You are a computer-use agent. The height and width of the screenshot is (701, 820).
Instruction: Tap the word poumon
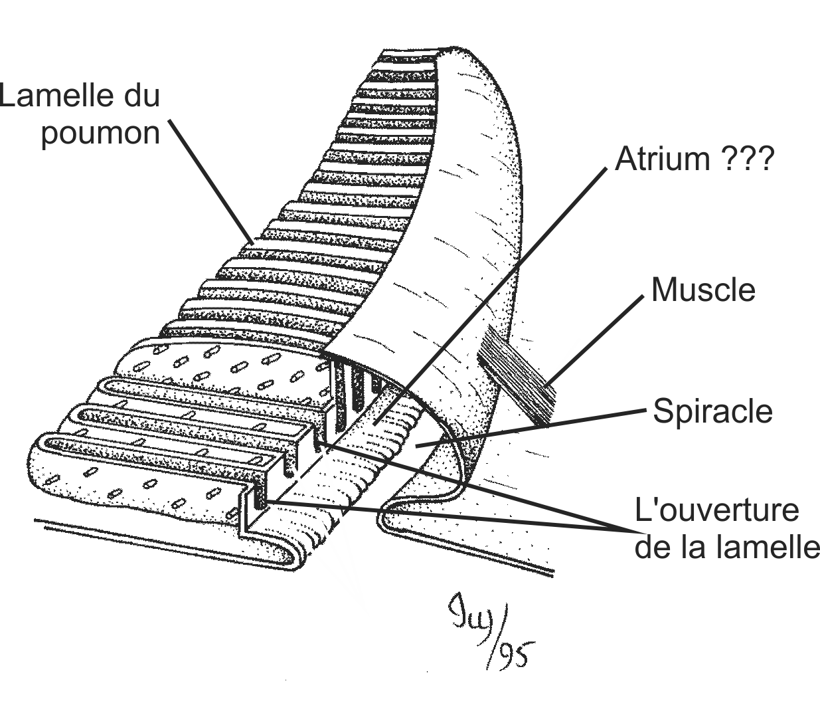[x=101, y=133]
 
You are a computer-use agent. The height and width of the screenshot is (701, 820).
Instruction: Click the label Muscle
[x=703, y=290]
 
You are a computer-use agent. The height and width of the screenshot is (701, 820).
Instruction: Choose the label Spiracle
[x=712, y=411]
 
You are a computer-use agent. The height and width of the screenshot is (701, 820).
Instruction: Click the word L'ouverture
[x=716, y=511]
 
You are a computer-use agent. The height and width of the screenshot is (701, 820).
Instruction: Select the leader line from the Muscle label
[x=594, y=339]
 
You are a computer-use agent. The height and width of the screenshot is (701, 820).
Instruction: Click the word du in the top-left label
[x=141, y=96]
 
